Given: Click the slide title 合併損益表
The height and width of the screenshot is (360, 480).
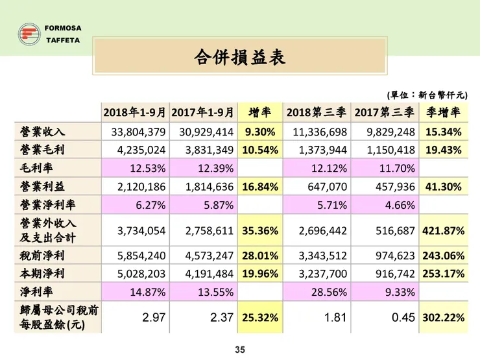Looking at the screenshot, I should pos(239,57).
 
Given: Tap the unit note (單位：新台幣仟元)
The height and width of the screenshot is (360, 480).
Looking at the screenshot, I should pos(427,95).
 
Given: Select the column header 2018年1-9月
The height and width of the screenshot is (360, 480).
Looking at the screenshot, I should pos(134,113).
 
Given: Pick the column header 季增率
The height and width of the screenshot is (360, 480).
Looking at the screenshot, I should pos(444,113).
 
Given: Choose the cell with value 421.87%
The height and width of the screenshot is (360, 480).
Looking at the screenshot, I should pos(444,230).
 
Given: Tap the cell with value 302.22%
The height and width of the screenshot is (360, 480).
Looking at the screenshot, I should pos(444,318).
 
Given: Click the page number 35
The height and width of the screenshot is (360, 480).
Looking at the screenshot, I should pos(239,350).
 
